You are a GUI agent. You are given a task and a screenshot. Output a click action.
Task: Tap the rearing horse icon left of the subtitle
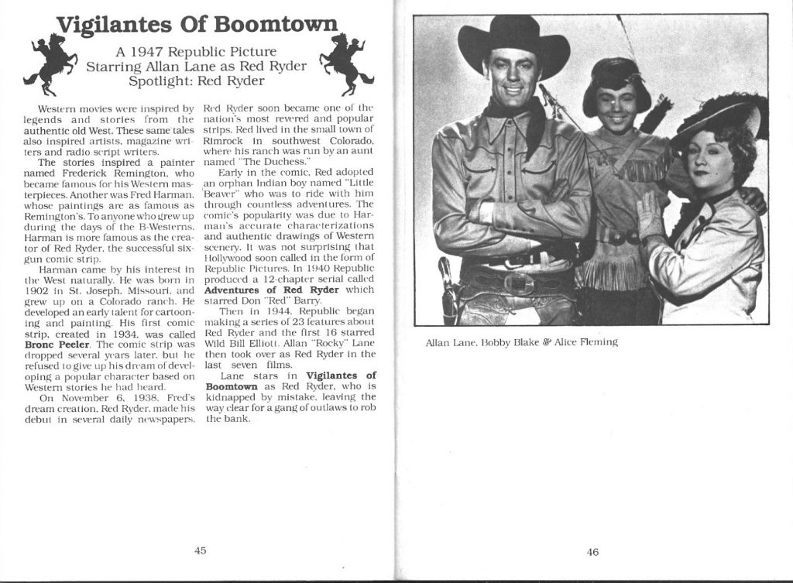pyautogui.click(x=52, y=63)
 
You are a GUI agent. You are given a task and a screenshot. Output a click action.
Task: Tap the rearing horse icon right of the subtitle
pyautogui.click(x=345, y=63)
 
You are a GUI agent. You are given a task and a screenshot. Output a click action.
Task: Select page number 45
pyautogui.click(x=199, y=550)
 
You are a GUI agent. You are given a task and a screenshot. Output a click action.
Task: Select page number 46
pyautogui.click(x=592, y=551)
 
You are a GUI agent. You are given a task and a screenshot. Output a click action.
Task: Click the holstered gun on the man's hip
pyautogui.click(x=448, y=290)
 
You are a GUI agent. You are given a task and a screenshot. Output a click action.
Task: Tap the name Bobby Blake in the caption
pyautogui.click(x=500, y=342)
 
